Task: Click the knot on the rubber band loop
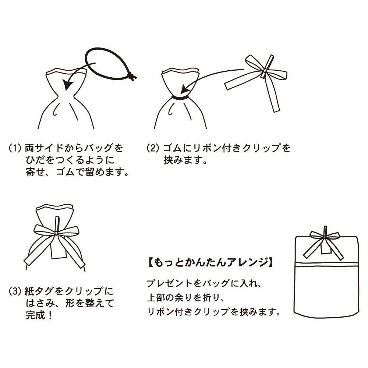point(132,76)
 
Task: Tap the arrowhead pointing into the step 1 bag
point(68,84)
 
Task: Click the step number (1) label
point(15,148)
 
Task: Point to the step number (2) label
point(153,148)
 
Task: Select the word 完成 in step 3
point(35,315)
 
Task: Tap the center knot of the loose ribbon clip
point(265,70)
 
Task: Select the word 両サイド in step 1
point(45,148)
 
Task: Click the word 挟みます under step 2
point(183,160)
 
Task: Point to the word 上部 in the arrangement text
point(157,298)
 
